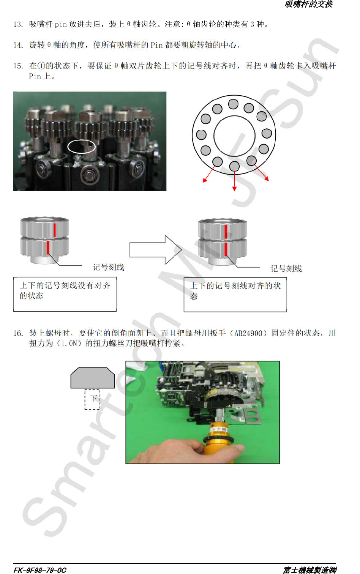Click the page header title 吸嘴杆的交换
click(309, 4)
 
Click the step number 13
click(18, 24)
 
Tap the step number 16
click(18, 333)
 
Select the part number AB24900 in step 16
click(248, 333)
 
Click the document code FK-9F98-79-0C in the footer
click(40, 570)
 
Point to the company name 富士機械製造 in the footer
click(310, 570)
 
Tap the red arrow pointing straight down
click(234, 181)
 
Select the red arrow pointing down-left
click(208, 175)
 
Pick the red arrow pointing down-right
click(262, 173)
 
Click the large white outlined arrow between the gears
click(156, 250)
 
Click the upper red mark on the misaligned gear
click(54, 230)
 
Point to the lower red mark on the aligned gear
click(226, 249)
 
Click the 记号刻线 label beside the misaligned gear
click(108, 267)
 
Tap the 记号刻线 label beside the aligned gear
click(286, 268)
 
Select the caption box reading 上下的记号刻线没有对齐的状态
click(65, 294)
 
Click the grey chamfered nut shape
click(93, 378)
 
